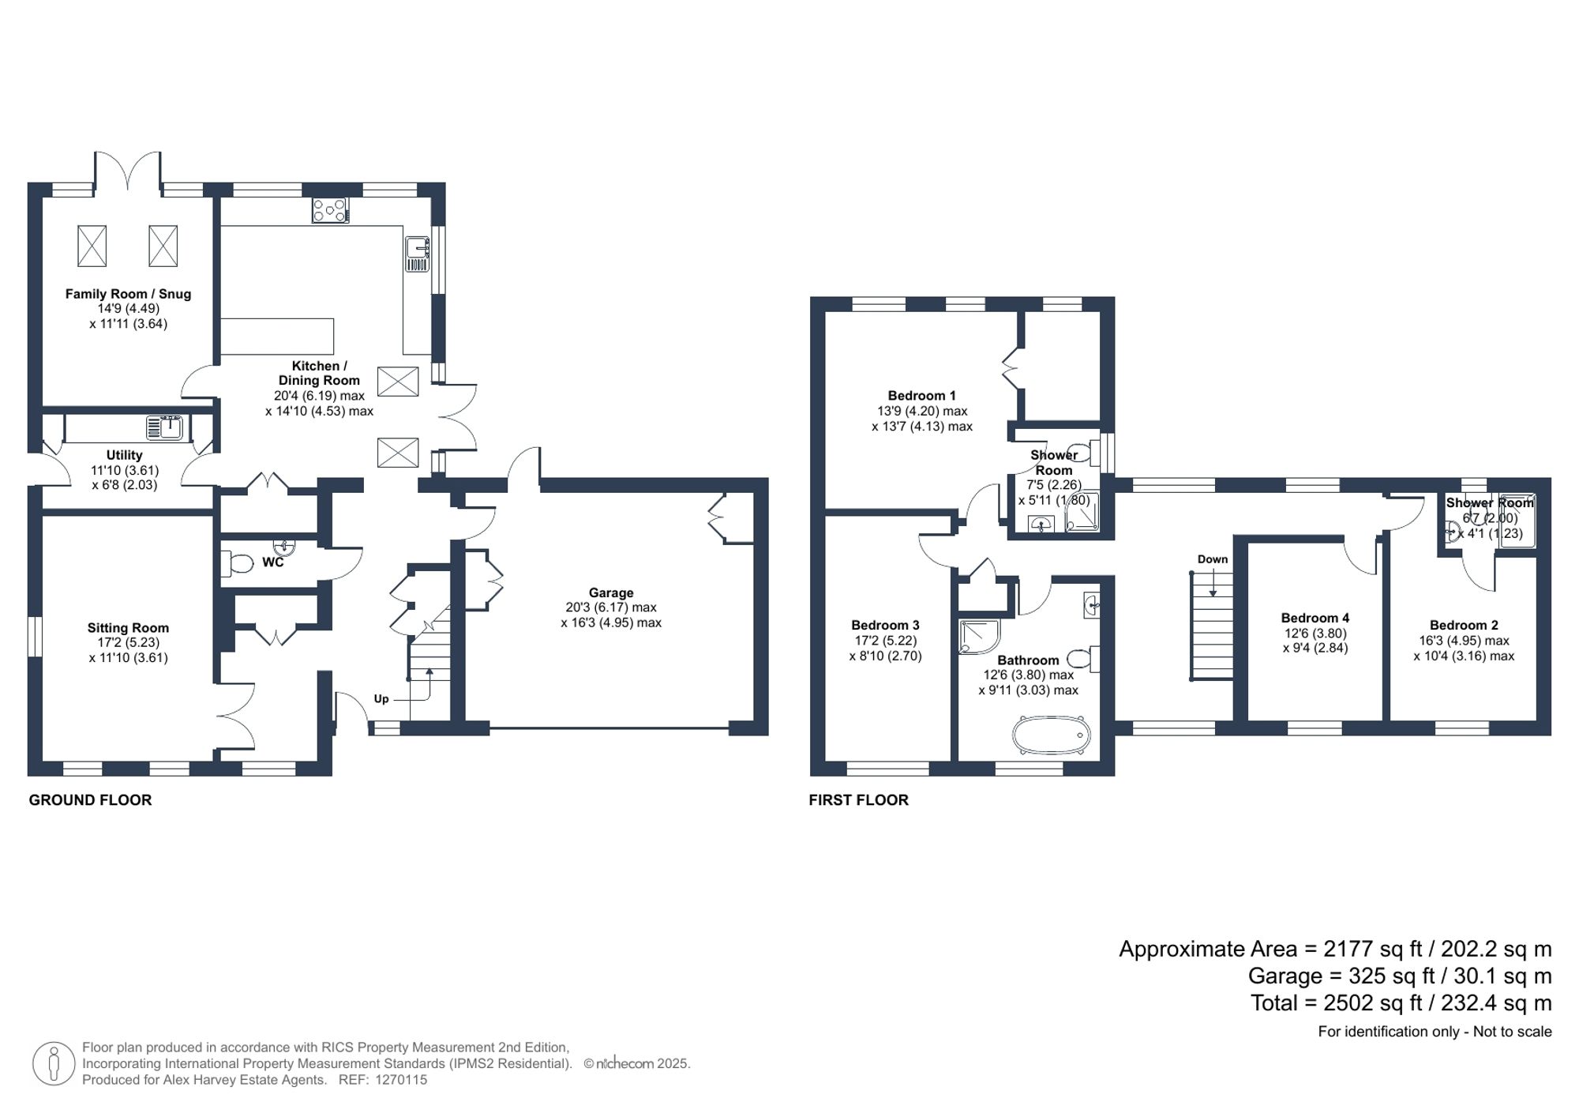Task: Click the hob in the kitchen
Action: point(330,210)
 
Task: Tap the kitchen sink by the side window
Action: point(417,254)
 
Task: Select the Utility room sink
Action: point(165,427)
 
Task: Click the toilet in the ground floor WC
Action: point(238,562)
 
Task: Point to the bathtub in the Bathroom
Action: point(1052,735)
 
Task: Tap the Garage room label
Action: point(610,592)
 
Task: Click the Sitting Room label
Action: point(128,628)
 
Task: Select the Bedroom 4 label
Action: point(1315,618)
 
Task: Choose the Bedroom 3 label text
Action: point(885,625)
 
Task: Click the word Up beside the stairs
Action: point(381,699)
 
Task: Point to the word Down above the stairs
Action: point(1213,559)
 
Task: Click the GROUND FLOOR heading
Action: point(90,800)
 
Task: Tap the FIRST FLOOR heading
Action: point(858,800)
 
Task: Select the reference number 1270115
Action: point(401,1080)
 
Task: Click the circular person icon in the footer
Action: point(54,1063)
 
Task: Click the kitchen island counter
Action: point(276,337)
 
